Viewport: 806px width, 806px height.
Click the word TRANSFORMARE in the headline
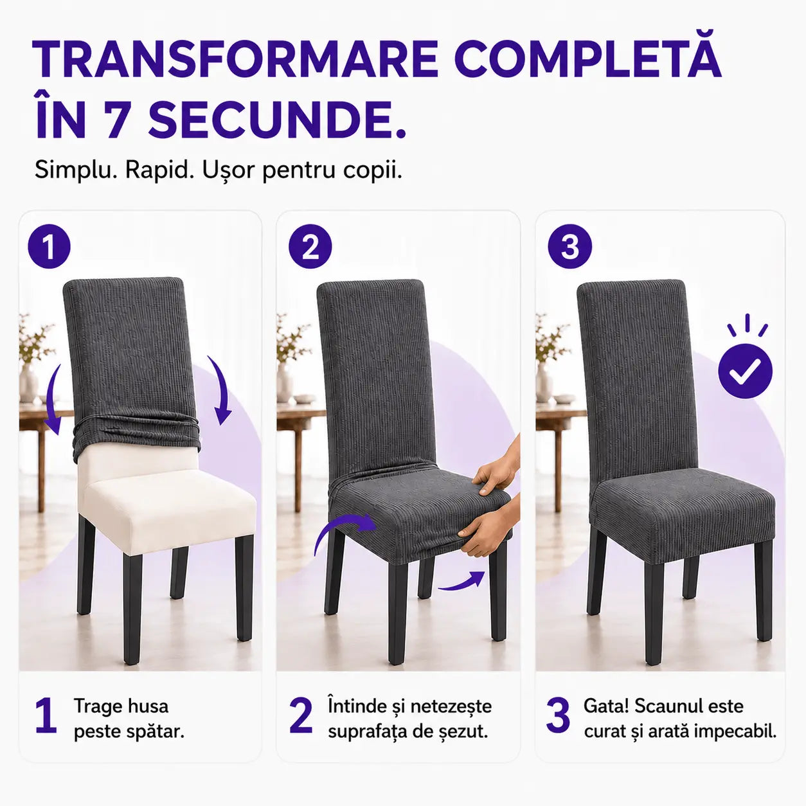point(235,59)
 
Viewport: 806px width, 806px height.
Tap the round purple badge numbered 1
point(49,246)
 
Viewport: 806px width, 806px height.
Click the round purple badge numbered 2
point(310,246)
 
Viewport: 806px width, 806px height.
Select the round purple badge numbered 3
point(569,246)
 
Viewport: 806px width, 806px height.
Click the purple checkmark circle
point(746,371)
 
